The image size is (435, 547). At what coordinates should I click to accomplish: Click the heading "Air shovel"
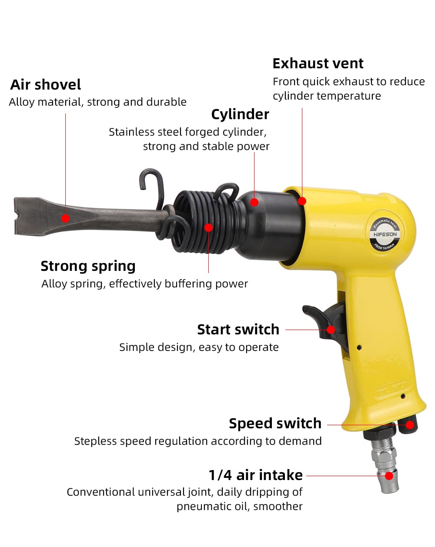(46, 84)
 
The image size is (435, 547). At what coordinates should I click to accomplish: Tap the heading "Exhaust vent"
(318, 63)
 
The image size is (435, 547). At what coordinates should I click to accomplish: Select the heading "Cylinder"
(240, 114)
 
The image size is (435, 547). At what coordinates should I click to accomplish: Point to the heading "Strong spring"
(88, 266)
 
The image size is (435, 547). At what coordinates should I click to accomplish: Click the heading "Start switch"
(238, 330)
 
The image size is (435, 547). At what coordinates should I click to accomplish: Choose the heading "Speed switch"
(275, 423)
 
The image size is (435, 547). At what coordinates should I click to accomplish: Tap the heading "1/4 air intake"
(255, 475)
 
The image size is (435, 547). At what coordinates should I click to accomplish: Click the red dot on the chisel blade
(65, 218)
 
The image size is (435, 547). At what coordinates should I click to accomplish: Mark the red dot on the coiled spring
(209, 227)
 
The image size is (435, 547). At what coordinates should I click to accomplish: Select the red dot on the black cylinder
(254, 202)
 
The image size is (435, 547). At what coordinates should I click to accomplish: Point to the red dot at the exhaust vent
(302, 201)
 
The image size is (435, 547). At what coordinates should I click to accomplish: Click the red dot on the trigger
(331, 330)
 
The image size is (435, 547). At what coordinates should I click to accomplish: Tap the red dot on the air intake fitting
(389, 476)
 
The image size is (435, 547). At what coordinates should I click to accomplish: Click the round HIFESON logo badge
(385, 234)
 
